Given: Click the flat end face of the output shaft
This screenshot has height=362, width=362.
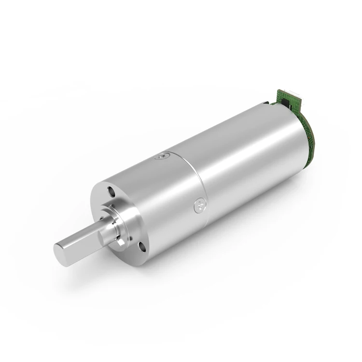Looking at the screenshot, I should [62, 254].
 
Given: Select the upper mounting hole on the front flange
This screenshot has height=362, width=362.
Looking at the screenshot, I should [111, 192].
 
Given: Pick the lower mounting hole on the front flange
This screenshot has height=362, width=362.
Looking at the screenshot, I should [142, 247].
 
